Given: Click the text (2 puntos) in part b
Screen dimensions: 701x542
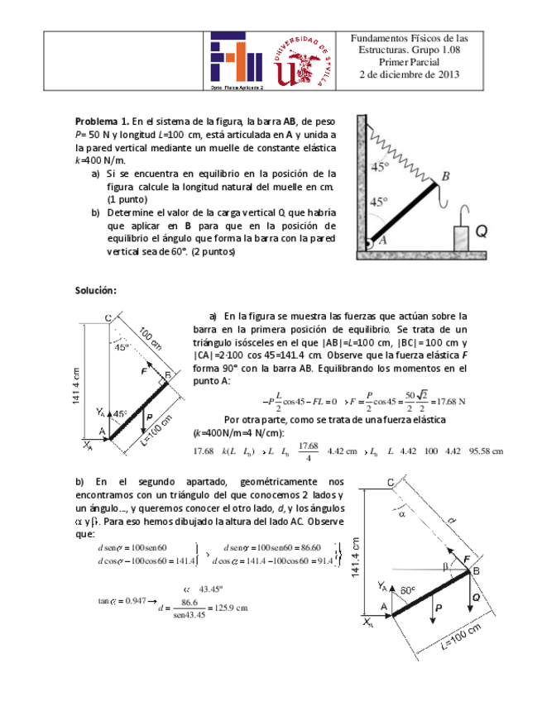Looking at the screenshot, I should click(213, 252).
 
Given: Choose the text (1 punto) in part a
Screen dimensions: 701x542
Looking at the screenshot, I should click(127, 199).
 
